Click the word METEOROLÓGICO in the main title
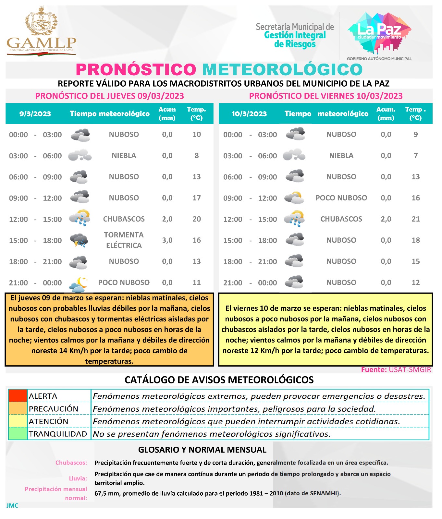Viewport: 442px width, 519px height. [282, 69]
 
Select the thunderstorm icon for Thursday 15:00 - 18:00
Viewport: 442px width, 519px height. [79, 240]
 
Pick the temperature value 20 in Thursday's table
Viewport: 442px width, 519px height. [197, 219]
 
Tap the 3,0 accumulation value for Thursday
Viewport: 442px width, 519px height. [167, 240]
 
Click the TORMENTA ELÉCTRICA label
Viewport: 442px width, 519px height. [124, 240]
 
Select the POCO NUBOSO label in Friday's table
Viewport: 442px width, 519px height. [341, 198]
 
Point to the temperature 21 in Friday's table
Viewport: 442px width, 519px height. [415, 219]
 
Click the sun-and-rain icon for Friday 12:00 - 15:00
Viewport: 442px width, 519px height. [294, 219]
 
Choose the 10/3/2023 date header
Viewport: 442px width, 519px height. [249, 114]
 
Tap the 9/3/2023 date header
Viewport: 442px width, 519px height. [35, 114]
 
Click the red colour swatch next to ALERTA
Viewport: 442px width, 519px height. [18, 396]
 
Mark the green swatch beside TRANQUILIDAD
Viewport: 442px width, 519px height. [18, 434]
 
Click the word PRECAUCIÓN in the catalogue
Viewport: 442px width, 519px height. [54, 409]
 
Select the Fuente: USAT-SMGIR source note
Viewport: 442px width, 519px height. [396, 370]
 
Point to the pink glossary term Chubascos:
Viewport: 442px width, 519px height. [71, 463]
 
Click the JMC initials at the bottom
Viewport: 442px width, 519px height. [12, 505]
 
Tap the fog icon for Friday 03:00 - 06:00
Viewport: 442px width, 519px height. [294, 155]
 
